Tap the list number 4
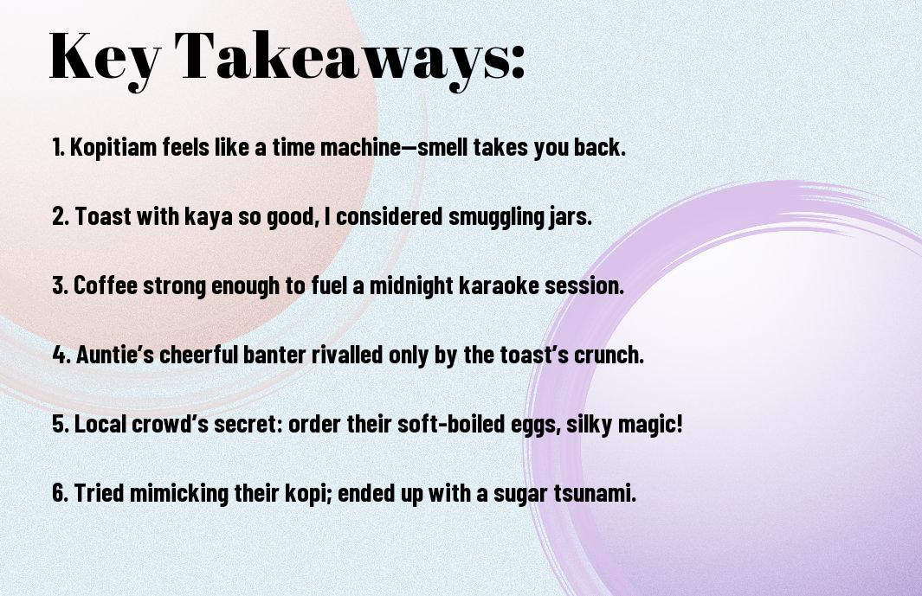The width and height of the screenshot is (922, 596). tap(61, 355)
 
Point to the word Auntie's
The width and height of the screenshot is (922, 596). tap(115, 355)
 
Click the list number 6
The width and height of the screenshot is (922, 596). tap(60, 492)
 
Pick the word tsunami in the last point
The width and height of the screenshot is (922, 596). tap(595, 492)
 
